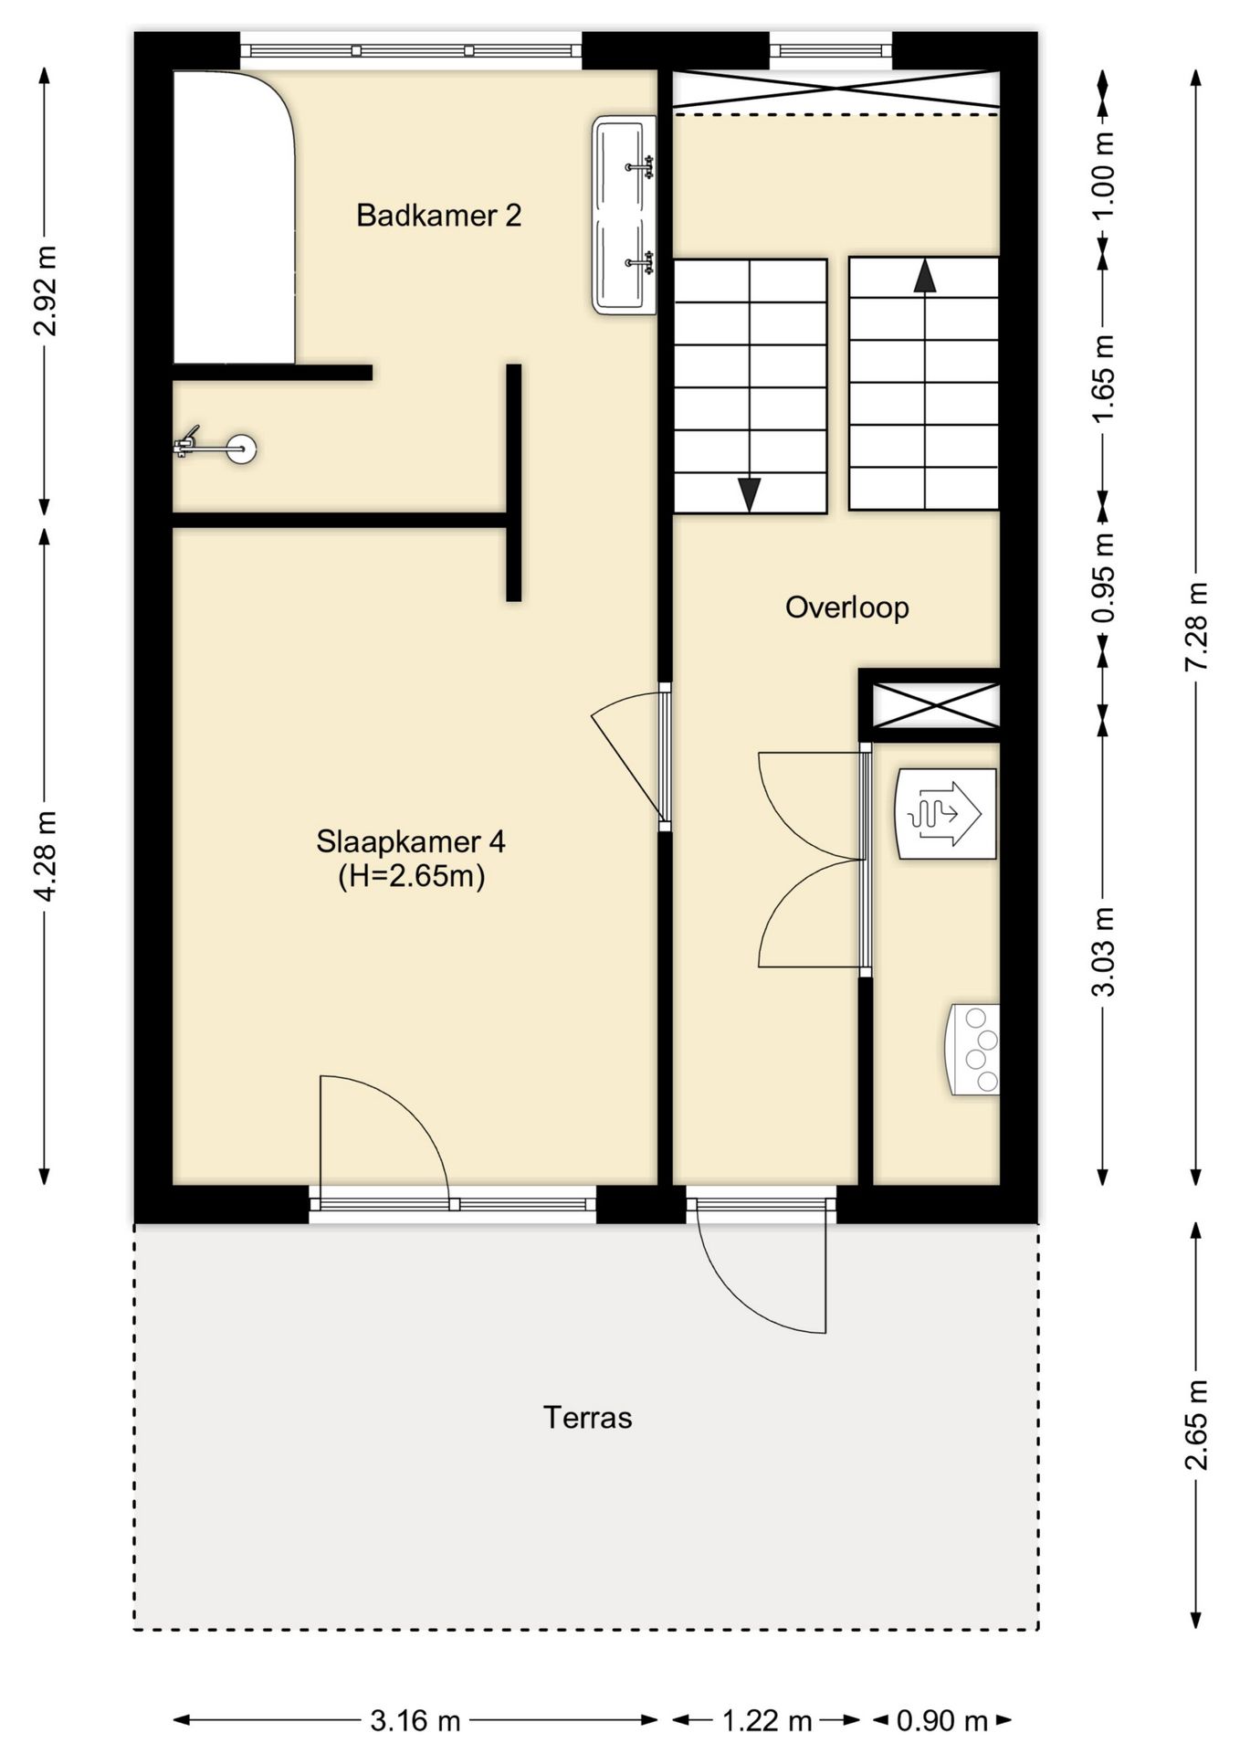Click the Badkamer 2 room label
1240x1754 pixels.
[x=438, y=216]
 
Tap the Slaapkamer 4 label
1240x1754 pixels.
[x=411, y=841]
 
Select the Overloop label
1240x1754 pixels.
[x=847, y=608]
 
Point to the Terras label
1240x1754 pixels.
[x=588, y=1417]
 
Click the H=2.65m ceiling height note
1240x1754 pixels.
[x=411, y=876]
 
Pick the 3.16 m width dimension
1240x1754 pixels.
[x=415, y=1720]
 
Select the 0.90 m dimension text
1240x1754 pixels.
[x=941, y=1720]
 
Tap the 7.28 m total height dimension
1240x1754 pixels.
[x=1196, y=626]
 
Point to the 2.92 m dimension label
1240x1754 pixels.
[x=46, y=291]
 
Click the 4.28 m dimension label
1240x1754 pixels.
[x=46, y=855]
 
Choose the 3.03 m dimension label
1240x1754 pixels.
[x=1104, y=951]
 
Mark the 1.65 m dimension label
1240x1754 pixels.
[x=1104, y=378]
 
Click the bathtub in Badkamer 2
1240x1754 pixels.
[x=234, y=217]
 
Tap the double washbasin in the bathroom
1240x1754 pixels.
[x=625, y=215]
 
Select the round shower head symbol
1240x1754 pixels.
[x=242, y=449]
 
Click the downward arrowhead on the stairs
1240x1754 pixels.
[x=750, y=494]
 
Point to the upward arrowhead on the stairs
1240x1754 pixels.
[x=925, y=275]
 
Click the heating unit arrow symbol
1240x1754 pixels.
[x=945, y=813]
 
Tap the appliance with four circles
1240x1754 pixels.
[x=972, y=1050]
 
